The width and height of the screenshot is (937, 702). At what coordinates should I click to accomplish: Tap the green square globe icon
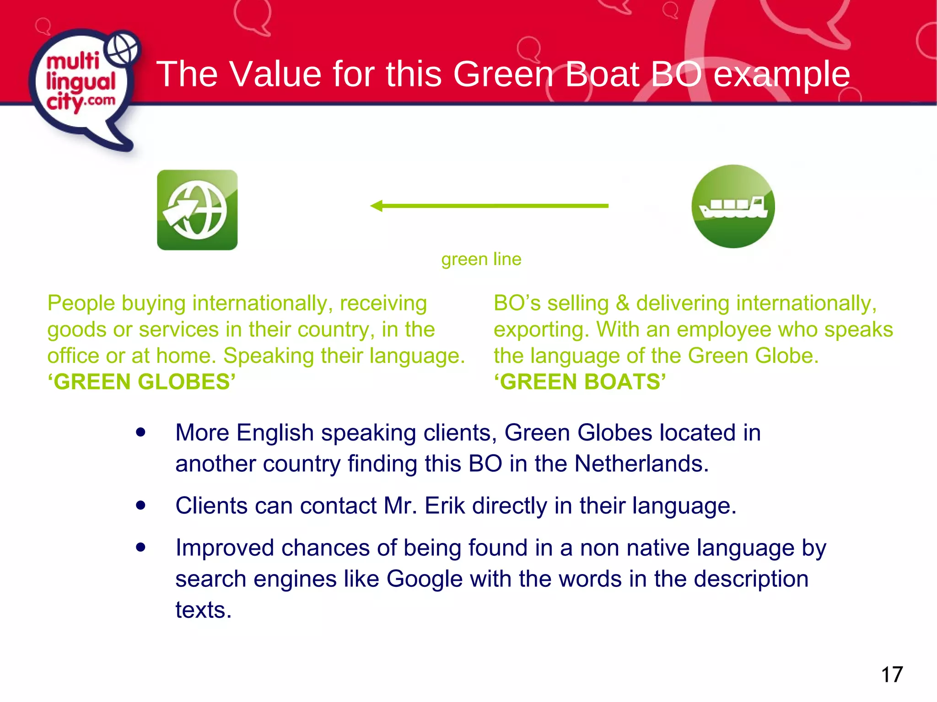[x=197, y=210]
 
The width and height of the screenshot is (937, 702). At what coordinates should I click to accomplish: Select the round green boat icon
[x=733, y=207]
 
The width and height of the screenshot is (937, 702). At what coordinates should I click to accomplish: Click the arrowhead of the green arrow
[x=377, y=206]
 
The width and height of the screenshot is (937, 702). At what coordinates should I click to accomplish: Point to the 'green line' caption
[x=481, y=260]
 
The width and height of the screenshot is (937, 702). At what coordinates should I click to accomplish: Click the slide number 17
[x=892, y=675]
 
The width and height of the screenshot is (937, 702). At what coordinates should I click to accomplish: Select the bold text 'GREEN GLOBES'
[x=142, y=382]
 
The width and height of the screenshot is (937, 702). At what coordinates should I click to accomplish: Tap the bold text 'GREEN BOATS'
[x=580, y=382]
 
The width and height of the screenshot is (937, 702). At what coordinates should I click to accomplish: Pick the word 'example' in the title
[x=781, y=74]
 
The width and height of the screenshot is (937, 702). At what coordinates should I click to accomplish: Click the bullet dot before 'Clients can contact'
[x=140, y=505]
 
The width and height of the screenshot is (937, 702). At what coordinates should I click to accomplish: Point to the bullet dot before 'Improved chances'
[x=140, y=548]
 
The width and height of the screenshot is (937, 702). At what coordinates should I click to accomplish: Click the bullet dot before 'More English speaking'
[x=140, y=432]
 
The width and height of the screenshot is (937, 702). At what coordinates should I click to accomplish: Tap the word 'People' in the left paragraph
[x=81, y=303]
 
